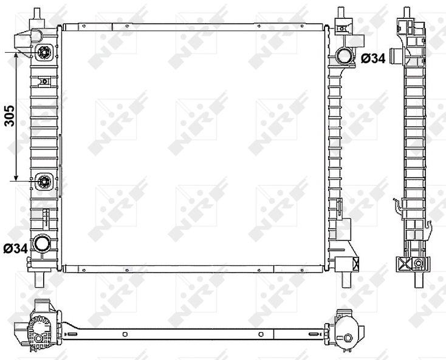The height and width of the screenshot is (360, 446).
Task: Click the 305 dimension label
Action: point(9,116)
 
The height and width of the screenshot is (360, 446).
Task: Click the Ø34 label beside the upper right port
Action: point(373,58)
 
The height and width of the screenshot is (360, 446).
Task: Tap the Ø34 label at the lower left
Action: point(16,249)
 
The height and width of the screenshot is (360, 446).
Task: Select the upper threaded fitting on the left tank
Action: point(44,53)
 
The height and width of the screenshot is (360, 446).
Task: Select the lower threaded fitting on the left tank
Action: point(44,182)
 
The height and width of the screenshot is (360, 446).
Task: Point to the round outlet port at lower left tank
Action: point(41,243)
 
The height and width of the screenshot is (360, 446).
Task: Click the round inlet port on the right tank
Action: point(344,56)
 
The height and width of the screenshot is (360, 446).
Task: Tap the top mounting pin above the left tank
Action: point(37,14)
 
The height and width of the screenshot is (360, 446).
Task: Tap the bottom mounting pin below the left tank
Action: point(39,280)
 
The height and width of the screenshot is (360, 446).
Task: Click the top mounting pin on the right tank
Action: point(341,13)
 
